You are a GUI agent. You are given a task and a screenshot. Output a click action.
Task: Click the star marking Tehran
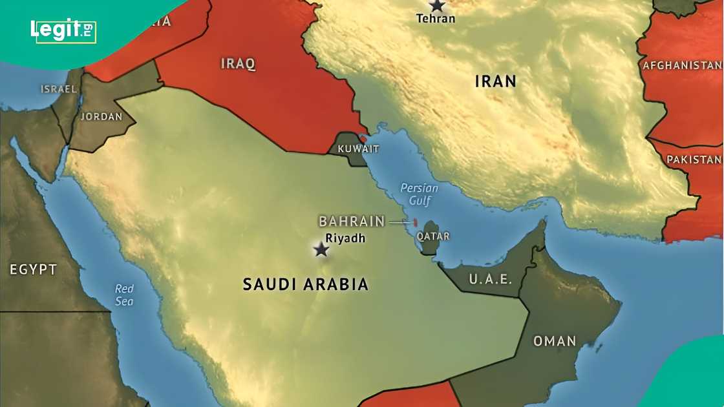point(438,5)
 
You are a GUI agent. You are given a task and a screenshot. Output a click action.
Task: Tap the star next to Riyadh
point(321,249)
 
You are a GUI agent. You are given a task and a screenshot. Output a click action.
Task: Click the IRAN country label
point(496,81)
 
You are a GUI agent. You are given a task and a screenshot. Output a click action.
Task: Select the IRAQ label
point(238,63)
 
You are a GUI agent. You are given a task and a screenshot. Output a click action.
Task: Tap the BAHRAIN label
point(352,222)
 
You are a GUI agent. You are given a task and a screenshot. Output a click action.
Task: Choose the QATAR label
point(433,236)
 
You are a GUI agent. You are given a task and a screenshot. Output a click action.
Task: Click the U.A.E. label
point(490,280)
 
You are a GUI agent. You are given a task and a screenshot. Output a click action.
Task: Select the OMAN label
point(554,341)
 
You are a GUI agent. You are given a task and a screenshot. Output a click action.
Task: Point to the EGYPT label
point(34,269)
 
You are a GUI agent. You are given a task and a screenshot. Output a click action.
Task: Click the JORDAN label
point(101,117)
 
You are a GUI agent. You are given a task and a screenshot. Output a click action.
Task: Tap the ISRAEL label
point(59,89)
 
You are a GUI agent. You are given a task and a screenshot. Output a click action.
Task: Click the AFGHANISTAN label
point(682,65)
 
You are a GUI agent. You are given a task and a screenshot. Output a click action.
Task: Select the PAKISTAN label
point(694,160)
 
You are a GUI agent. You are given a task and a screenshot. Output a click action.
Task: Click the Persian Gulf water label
point(419,194)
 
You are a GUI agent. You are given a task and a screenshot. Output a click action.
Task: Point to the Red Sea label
point(124,295)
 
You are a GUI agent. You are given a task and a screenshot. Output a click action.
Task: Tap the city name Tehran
point(436,19)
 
